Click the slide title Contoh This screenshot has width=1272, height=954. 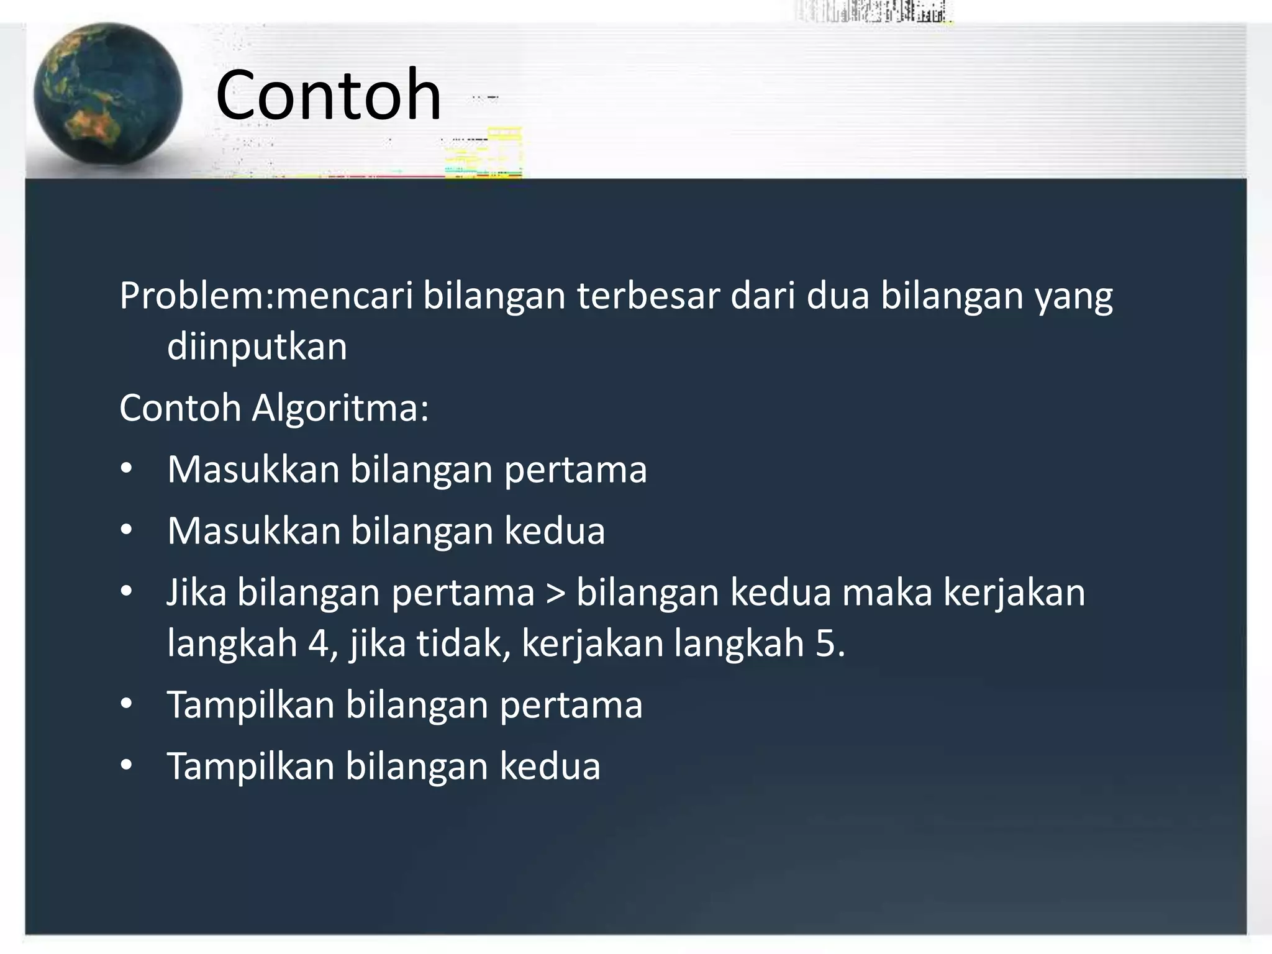click(x=328, y=95)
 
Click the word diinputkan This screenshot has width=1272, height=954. click(x=257, y=347)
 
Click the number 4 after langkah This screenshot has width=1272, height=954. click(x=318, y=643)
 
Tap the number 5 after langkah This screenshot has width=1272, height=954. click(x=826, y=643)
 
